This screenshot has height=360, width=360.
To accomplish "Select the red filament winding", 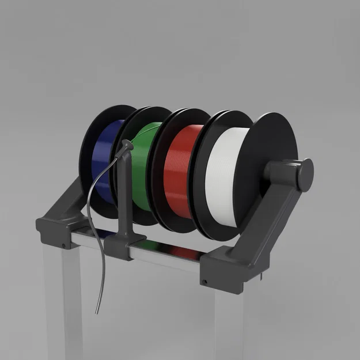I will pyautogui.click(x=179, y=173).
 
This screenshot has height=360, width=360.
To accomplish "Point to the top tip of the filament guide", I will pyautogui.click(x=127, y=146).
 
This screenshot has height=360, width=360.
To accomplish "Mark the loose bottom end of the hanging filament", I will pyautogui.click(x=97, y=312).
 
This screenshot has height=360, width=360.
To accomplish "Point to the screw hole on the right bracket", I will pyautogui.click(x=204, y=282).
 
